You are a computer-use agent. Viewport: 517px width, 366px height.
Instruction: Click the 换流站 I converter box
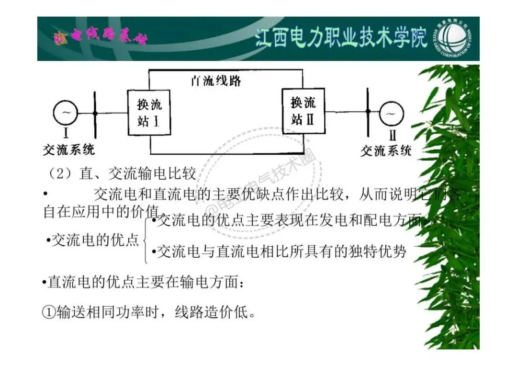149,112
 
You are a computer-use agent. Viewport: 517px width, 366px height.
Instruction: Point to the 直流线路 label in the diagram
216,80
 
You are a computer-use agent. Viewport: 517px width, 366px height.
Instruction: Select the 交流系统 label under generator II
386,151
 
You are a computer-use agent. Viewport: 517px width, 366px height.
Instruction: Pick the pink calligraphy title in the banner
101,38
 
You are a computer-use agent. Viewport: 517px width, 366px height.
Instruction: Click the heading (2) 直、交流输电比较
123,173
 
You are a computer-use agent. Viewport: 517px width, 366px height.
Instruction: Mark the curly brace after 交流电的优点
145,240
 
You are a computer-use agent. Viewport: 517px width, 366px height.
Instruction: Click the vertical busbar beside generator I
95,114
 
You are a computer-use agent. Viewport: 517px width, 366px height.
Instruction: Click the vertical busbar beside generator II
368,113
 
